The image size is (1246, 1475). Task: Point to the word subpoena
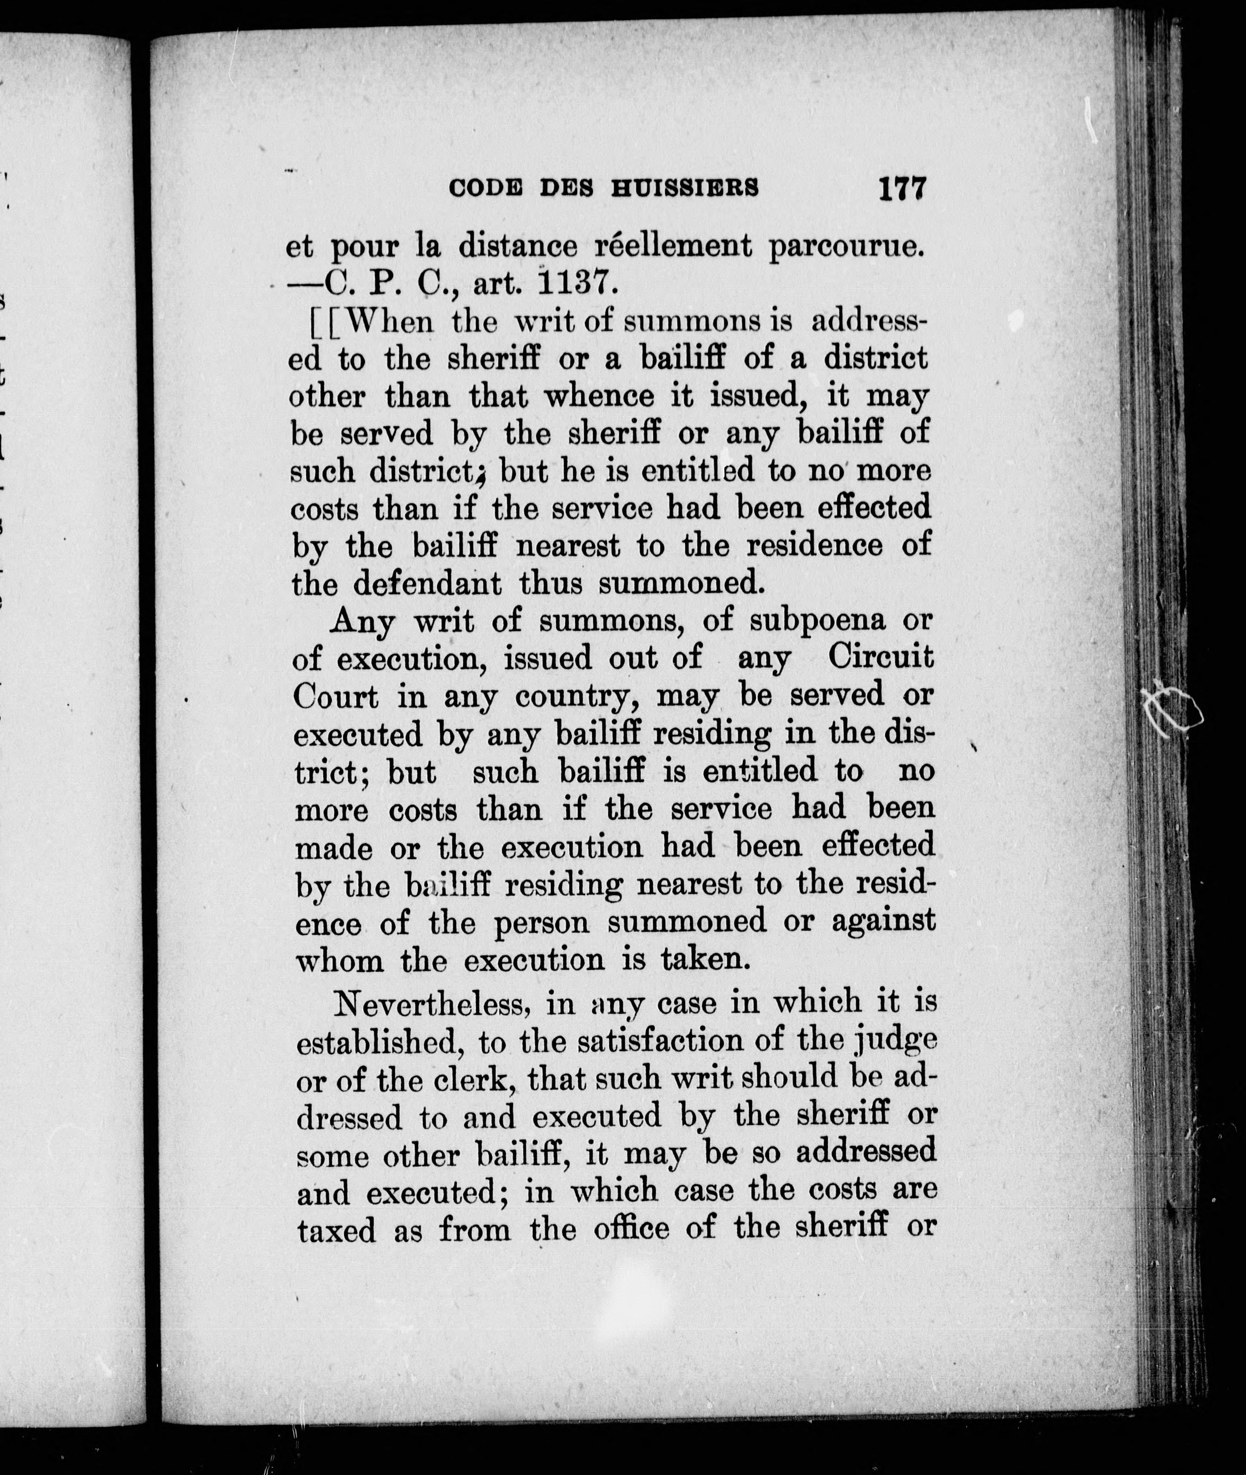[817, 620]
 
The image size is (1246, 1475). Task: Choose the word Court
[336, 697]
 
